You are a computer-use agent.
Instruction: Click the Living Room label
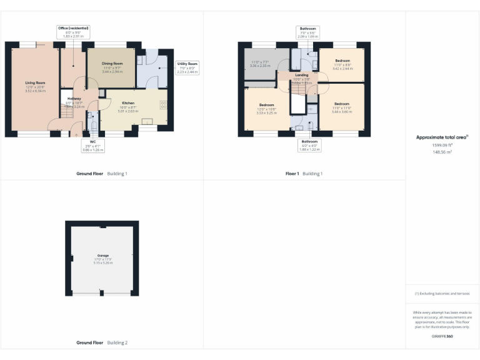click(x=35, y=82)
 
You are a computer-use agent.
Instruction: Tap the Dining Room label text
click(x=112, y=64)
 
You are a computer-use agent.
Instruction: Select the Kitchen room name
click(x=128, y=102)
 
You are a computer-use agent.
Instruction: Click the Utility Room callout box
click(x=187, y=67)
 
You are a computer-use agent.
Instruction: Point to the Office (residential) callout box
click(x=73, y=31)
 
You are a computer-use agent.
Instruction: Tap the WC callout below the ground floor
click(x=92, y=146)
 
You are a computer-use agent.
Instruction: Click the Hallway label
click(x=74, y=98)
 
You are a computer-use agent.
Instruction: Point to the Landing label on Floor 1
click(x=302, y=75)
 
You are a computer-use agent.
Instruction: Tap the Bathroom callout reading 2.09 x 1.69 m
click(x=307, y=32)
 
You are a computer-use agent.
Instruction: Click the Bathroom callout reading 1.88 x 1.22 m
click(x=309, y=145)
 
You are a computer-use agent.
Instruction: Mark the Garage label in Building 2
click(x=102, y=255)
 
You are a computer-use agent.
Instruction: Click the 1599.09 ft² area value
click(x=442, y=144)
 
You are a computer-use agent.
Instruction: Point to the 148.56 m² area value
click(x=442, y=151)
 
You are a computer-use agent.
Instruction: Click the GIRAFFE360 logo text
click(x=442, y=336)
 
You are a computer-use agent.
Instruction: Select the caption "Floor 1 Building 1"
click(x=304, y=173)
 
